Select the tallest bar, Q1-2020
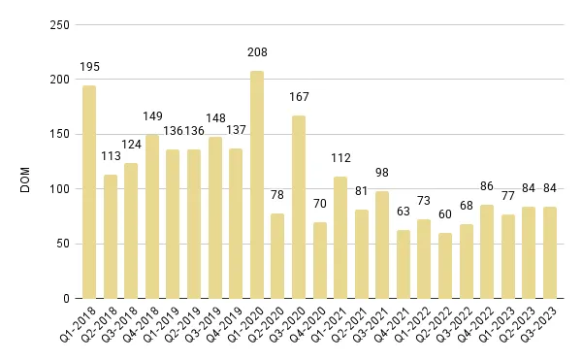(x=257, y=184)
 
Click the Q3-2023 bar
(x=550, y=252)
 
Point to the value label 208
(x=257, y=52)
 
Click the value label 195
(x=89, y=67)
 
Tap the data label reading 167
(x=299, y=97)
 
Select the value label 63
(x=404, y=211)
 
